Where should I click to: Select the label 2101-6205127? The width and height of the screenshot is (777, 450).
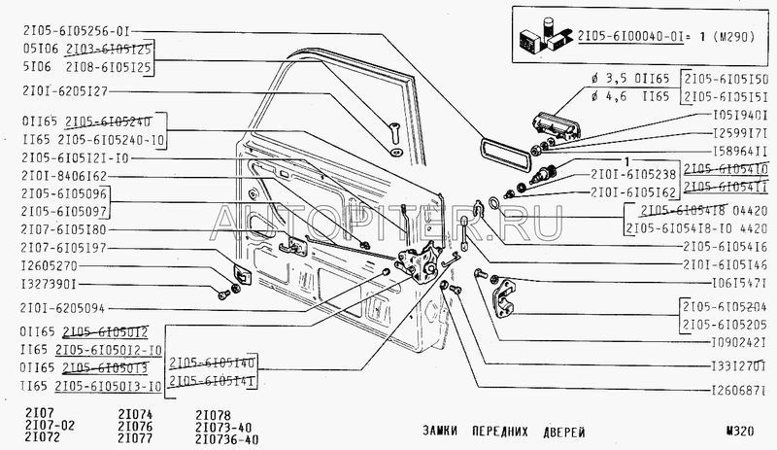[61, 91]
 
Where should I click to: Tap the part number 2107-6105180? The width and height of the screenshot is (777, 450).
[61, 230]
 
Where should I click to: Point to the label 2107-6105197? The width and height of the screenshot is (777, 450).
[61, 247]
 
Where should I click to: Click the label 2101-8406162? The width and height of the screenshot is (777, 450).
[61, 175]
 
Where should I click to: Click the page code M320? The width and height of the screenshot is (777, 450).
[741, 431]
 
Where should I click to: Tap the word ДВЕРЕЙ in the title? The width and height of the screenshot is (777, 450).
[562, 431]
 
